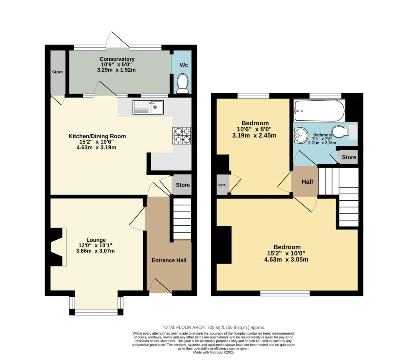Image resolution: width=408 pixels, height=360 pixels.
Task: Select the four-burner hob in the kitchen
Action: pyautogui.click(x=181, y=135)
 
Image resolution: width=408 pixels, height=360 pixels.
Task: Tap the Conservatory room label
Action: pyautogui.click(x=117, y=59)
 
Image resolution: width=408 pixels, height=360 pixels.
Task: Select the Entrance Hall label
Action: pyautogui.click(x=169, y=260)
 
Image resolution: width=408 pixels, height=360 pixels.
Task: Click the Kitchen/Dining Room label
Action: pyautogui.click(x=97, y=136)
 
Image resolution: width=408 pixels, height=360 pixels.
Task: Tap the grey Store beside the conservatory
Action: pyautogui.click(x=57, y=72)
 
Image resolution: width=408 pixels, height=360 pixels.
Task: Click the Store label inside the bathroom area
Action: pyautogui.click(x=349, y=157)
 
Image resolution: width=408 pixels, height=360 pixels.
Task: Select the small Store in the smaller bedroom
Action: pyautogui.click(x=222, y=185)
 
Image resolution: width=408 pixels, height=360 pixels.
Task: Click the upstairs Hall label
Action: pyautogui.click(x=307, y=182)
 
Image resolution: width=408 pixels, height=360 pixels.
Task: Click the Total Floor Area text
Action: pyautogui.click(x=213, y=327)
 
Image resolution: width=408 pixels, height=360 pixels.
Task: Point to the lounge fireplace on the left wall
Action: pyautogui.click(x=56, y=247)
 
